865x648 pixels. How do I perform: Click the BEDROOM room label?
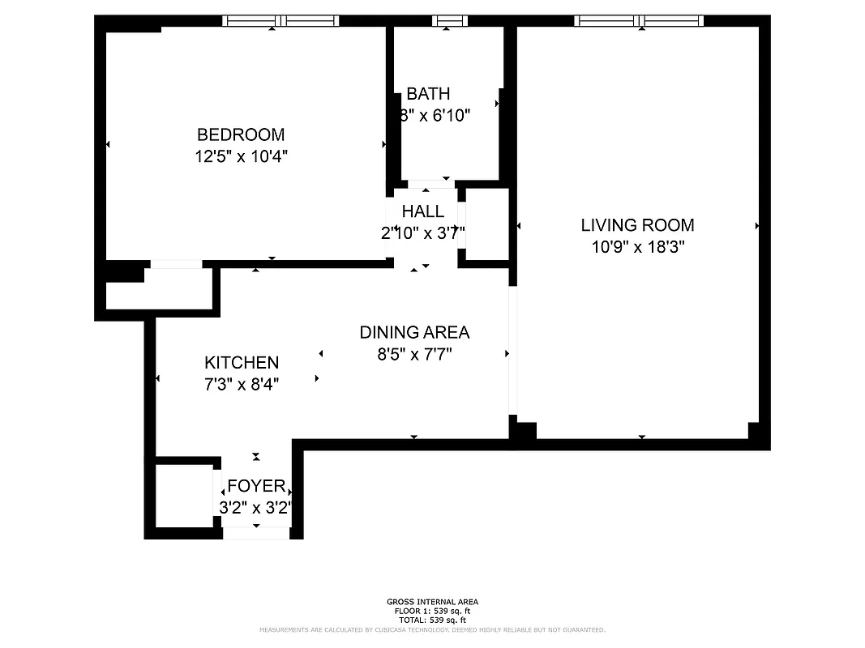pyautogui.click(x=241, y=134)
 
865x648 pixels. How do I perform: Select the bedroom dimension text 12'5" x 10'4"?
pyautogui.click(x=241, y=156)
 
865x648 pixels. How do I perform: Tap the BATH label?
pyautogui.click(x=428, y=94)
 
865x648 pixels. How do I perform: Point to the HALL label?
pyautogui.click(x=423, y=211)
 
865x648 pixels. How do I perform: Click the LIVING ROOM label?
pyautogui.click(x=637, y=225)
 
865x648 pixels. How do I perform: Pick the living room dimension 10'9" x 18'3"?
pyautogui.click(x=638, y=247)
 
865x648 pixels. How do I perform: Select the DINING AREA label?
pyautogui.click(x=414, y=332)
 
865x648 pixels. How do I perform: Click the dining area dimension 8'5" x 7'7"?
pyautogui.click(x=414, y=354)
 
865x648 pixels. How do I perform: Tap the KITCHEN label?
pyautogui.click(x=242, y=363)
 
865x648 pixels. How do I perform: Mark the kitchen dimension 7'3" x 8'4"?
pyautogui.click(x=242, y=385)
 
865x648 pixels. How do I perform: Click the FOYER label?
pyautogui.click(x=256, y=486)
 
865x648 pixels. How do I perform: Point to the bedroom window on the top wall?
pyautogui.click(x=280, y=21)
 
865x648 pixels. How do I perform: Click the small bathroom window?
pyautogui.click(x=449, y=21)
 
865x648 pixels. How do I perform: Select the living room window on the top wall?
pyautogui.click(x=638, y=21)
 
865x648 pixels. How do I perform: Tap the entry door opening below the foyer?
pyautogui.click(x=256, y=532)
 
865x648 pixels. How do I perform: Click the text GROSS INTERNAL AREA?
pyautogui.click(x=432, y=602)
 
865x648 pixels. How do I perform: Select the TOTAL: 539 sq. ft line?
pyautogui.click(x=432, y=620)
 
